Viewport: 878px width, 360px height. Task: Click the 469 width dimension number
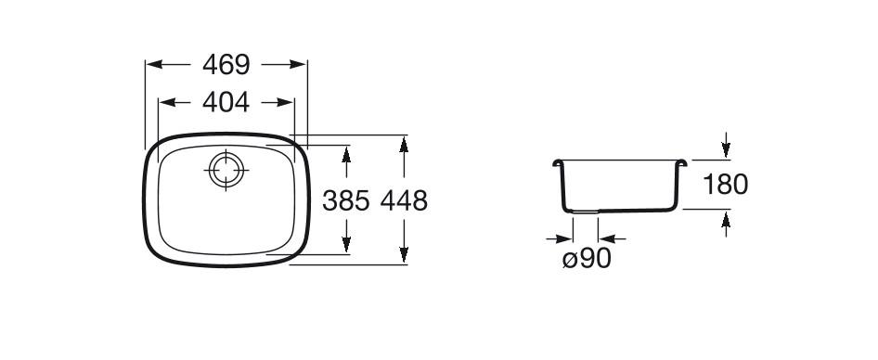pos(226,64)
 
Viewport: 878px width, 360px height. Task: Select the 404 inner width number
pos(226,102)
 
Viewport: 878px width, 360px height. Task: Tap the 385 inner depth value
pos(346,200)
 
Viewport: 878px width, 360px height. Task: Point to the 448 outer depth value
pos(404,200)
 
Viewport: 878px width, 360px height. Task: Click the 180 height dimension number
pos(725,185)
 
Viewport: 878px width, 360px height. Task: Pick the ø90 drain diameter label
pos(587,259)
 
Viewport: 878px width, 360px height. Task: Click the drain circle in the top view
pos(226,170)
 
